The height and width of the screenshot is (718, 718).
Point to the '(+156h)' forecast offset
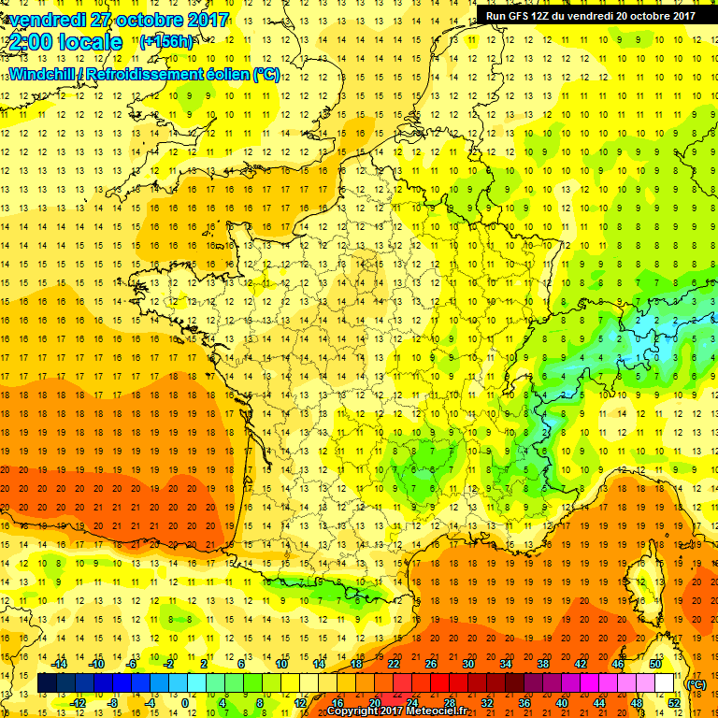pos(166,41)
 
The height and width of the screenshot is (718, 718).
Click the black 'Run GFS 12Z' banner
pos(590,15)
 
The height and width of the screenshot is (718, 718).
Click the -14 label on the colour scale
pos(59,663)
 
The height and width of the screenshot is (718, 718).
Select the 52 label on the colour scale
pos(673,703)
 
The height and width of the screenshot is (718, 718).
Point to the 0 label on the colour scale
pos(184,703)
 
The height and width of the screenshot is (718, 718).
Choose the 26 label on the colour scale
pos(432,663)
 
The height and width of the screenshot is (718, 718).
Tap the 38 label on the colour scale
pos(543,663)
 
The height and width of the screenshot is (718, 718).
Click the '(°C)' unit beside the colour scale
pos(696,683)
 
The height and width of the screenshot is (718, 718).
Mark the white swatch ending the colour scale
pos(665,683)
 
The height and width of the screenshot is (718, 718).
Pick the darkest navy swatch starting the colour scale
pos(48,683)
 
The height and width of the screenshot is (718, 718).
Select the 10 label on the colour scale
pos(282,663)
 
